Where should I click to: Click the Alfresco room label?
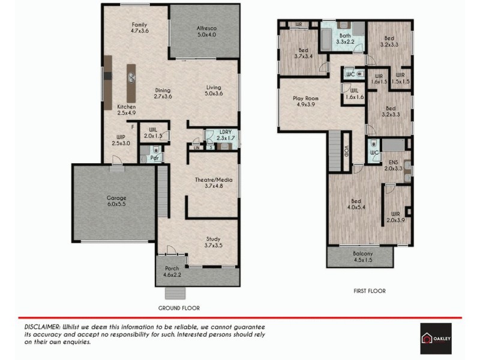(206, 32)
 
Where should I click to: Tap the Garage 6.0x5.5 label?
(116, 201)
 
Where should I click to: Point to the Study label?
(213, 242)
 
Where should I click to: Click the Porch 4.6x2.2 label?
(172, 271)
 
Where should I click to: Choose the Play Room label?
(305, 101)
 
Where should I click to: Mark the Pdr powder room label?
(154, 158)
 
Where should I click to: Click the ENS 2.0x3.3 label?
(394, 166)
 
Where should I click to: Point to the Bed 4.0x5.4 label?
(356, 205)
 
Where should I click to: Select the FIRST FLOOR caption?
(369, 291)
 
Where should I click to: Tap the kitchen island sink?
(131, 76)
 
